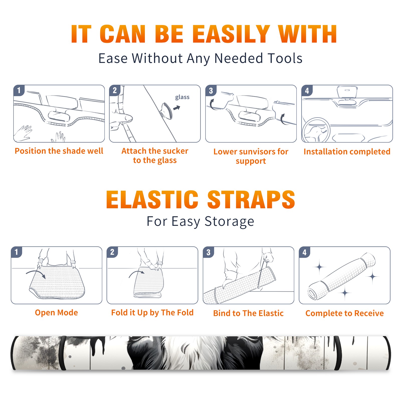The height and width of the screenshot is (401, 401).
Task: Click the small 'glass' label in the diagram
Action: coord(182,97)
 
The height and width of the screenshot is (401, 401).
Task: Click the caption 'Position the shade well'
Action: coord(59,151)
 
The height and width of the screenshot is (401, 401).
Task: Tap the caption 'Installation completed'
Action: coord(347,152)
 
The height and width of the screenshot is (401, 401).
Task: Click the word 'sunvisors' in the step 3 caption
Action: coord(254,152)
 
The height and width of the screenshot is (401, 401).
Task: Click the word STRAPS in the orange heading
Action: coord(251,199)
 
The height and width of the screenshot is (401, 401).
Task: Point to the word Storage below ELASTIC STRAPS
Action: coord(229,222)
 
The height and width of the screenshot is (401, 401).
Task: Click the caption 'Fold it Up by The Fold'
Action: coord(152,313)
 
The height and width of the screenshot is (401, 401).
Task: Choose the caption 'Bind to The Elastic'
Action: coord(248,313)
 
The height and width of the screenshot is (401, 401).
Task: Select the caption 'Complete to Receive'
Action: coord(345,313)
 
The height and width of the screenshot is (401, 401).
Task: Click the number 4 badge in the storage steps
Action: coord(305,252)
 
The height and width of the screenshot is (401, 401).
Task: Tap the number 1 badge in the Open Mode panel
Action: coord(17,252)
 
